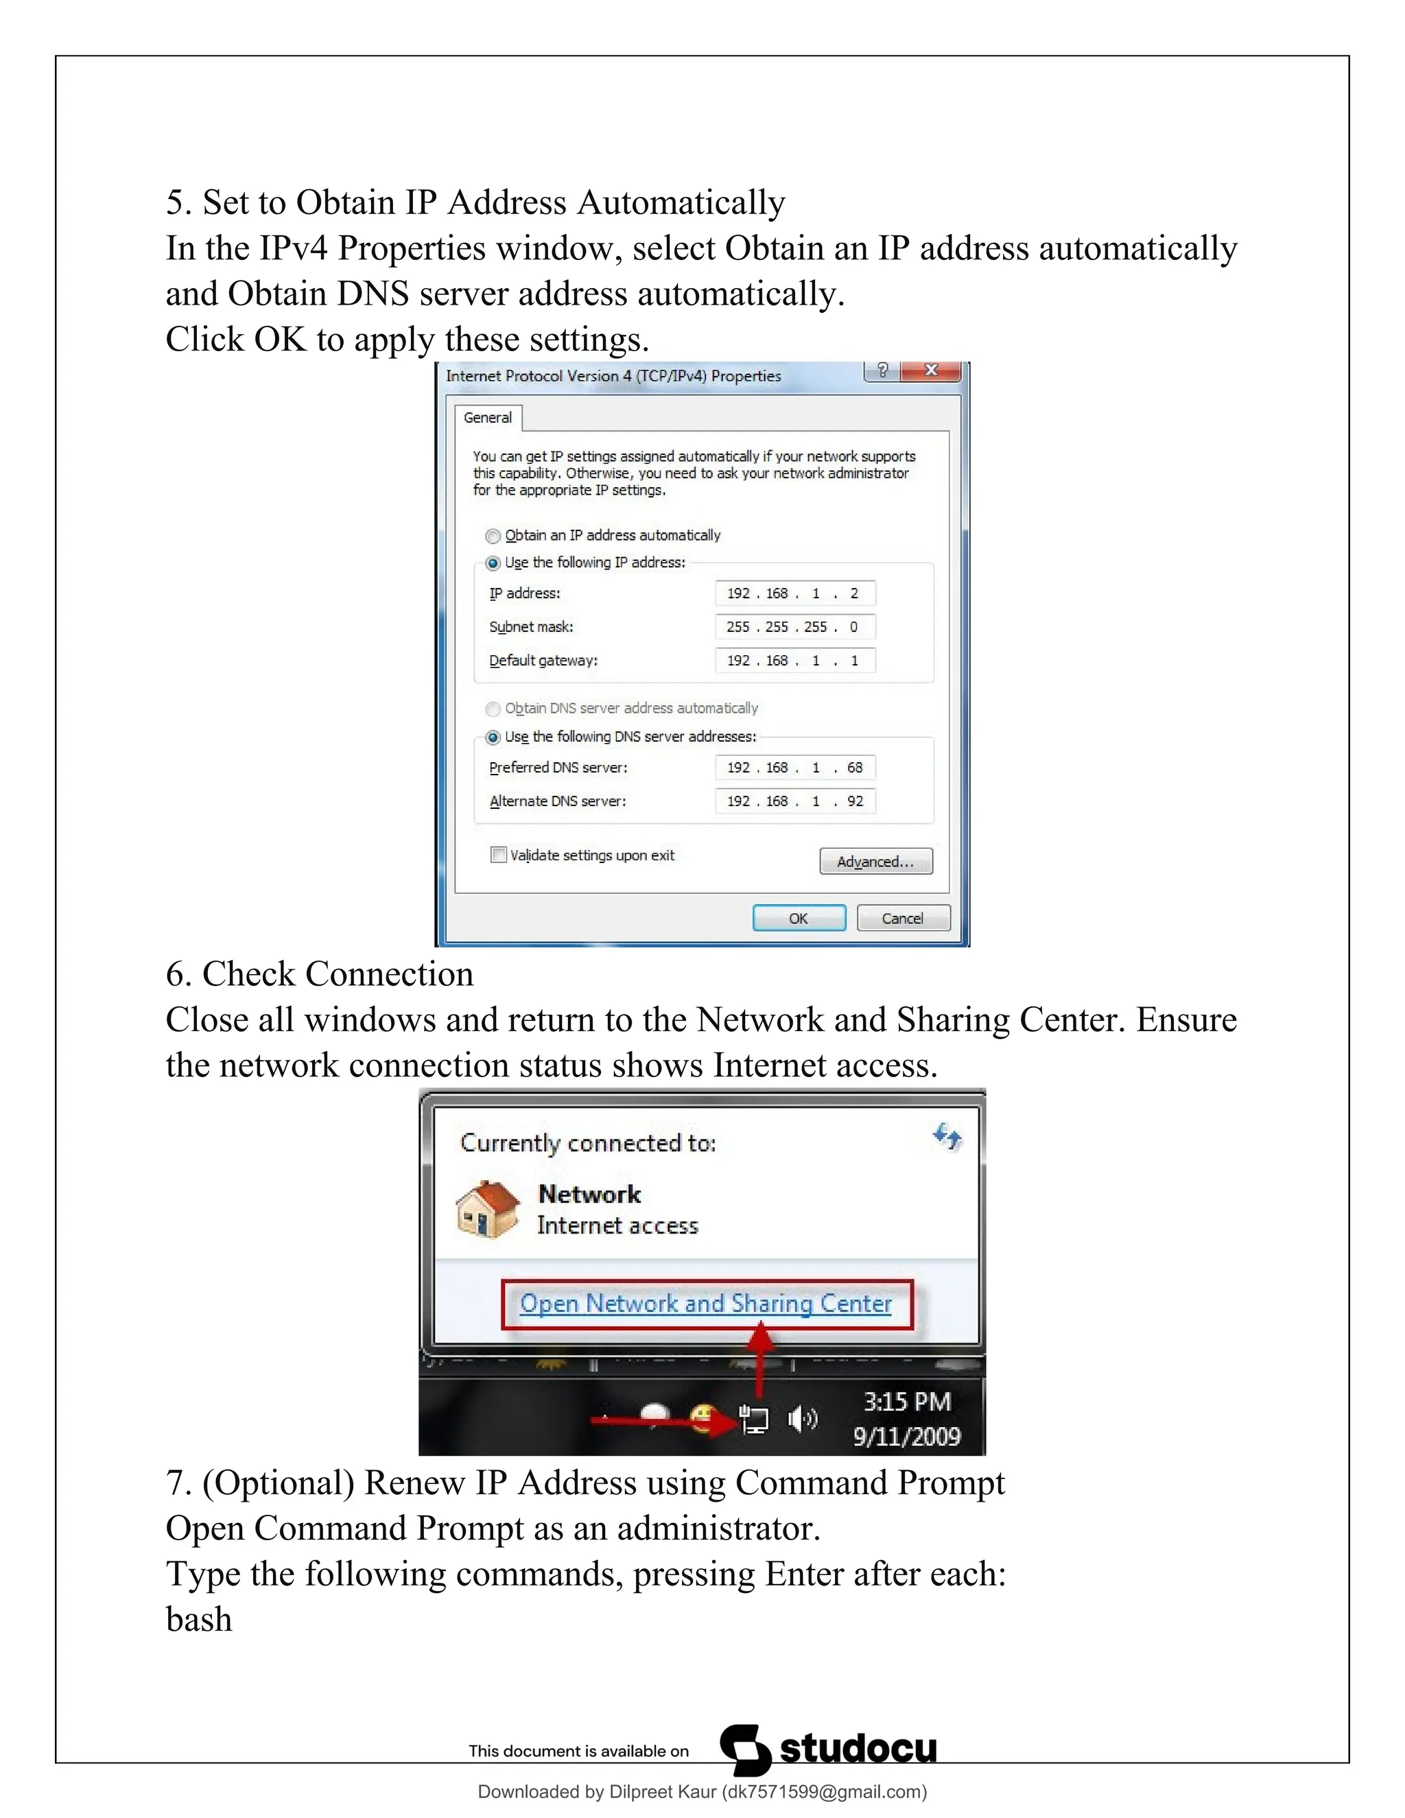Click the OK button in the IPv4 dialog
(799, 918)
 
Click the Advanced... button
(875, 862)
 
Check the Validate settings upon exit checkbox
(499, 855)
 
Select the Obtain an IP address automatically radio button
(493, 536)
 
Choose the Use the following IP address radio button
(493, 563)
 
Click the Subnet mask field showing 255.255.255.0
(795, 627)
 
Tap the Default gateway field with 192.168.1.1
(795, 661)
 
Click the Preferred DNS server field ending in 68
(795, 768)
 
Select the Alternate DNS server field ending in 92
(795, 801)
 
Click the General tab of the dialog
(488, 418)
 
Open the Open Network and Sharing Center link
(705, 1303)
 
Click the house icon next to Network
(488, 1209)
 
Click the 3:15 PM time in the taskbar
(906, 1402)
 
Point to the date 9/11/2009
(906, 1436)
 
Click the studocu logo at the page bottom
(829, 1750)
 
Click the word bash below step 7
(199, 1620)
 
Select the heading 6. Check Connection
(320, 974)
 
